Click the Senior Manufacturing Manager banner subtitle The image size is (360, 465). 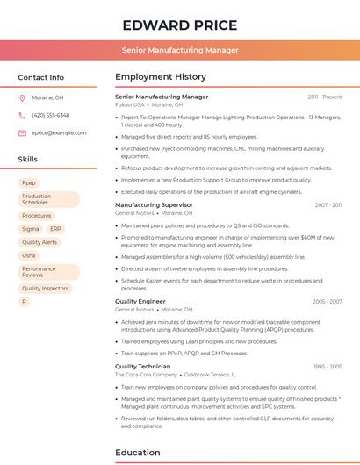coord(180,50)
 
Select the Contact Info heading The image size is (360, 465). coord(40,77)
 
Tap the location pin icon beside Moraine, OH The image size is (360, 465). coord(22,97)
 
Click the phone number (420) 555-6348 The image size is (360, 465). coord(50,115)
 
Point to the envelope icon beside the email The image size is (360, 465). coord(22,132)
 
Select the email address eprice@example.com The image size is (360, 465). coord(59,132)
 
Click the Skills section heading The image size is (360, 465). coord(28,159)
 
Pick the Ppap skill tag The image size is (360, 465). coord(29,182)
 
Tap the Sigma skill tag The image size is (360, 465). coord(31,228)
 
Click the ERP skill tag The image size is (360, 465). coord(55,228)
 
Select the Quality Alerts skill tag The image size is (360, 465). coord(40,241)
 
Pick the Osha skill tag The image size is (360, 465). coord(29,255)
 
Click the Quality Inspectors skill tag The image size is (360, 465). coord(45,288)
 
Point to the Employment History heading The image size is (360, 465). coord(161,77)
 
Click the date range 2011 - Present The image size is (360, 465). coord(325,97)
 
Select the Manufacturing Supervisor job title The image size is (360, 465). coord(154,204)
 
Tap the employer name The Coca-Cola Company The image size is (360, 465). coord(146,375)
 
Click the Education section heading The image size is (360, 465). coord(137,452)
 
